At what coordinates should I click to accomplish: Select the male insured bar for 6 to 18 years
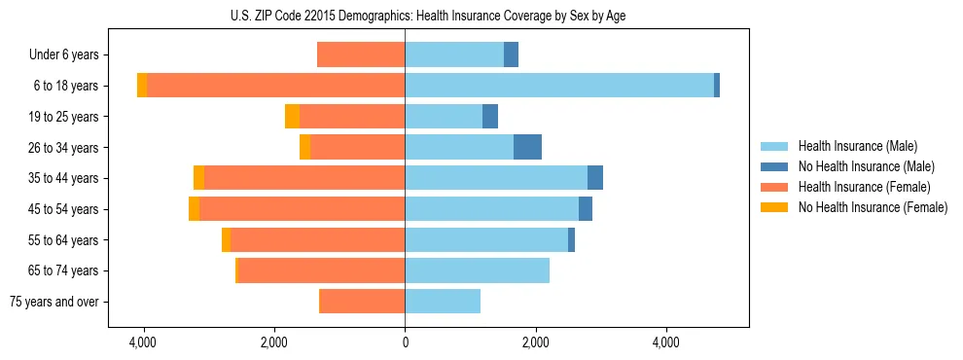coord(559,86)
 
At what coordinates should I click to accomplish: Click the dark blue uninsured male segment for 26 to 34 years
coord(527,147)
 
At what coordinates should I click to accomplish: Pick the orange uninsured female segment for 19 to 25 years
coord(292,117)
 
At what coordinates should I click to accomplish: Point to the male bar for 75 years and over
coord(443,302)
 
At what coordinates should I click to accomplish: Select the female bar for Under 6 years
coord(361,55)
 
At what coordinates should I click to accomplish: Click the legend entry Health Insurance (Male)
coord(857,146)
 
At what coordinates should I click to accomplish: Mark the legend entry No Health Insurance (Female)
coord(873,207)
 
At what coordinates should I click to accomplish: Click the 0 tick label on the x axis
coord(405,343)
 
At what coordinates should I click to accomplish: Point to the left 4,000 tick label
coord(144,343)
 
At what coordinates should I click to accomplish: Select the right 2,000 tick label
coord(535,343)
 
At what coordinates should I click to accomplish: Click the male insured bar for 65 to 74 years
coord(477,270)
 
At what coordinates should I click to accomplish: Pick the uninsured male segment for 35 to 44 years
coord(595,178)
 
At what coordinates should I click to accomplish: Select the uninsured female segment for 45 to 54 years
coord(195,209)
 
